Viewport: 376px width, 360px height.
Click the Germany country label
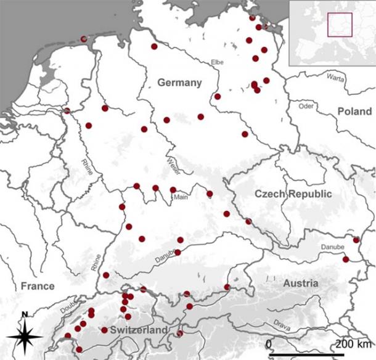tap(179, 83)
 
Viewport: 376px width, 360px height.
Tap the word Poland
tap(354, 111)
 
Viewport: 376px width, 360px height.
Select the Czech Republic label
tap(293, 194)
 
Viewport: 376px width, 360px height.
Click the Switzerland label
tap(139, 330)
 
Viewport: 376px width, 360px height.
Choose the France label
tap(37, 286)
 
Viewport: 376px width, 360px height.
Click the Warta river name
tap(336, 78)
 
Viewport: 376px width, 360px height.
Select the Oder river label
tap(306, 106)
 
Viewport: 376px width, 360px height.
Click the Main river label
tap(181, 198)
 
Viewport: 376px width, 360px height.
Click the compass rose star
tap(25, 337)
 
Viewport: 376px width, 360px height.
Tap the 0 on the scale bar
tap(269, 343)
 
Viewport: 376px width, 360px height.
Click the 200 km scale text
tap(351, 343)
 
